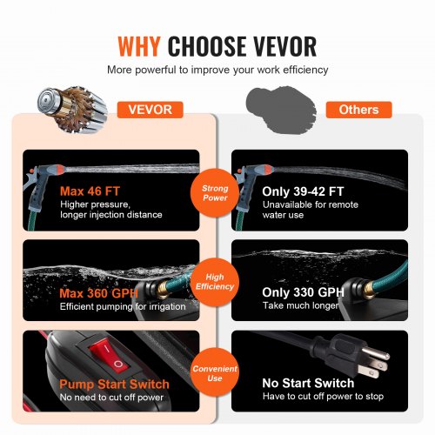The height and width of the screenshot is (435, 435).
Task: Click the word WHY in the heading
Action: (x=139, y=46)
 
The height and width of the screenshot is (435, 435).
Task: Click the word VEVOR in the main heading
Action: (x=284, y=46)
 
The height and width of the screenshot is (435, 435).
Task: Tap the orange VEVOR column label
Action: (x=151, y=110)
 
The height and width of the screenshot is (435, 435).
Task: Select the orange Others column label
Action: (x=358, y=110)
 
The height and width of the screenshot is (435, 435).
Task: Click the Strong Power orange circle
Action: (x=215, y=193)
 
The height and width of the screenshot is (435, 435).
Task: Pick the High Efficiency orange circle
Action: (x=215, y=282)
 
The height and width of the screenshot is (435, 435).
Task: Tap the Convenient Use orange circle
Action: (x=215, y=373)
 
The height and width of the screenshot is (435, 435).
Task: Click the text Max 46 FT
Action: (x=90, y=191)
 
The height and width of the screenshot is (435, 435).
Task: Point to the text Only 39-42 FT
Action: (x=303, y=191)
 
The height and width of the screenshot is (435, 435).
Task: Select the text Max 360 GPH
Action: (x=98, y=293)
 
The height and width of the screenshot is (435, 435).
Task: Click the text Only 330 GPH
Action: (x=303, y=292)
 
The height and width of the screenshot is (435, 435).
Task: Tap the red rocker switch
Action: (x=110, y=356)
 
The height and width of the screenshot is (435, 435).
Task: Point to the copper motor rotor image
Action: (x=72, y=110)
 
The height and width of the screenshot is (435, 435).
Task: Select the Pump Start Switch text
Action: (x=114, y=385)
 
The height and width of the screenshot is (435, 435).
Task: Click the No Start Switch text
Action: (x=308, y=383)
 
